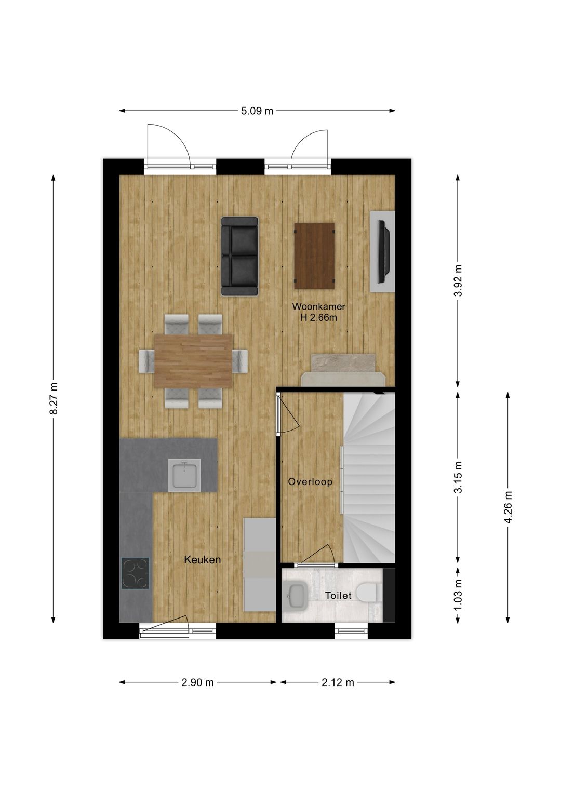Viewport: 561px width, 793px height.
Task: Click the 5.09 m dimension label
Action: click(x=257, y=111)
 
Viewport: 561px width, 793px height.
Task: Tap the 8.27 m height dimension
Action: click(x=54, y=398)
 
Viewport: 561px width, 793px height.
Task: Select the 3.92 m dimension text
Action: click(x=458, y=280)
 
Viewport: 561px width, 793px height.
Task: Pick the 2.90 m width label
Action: click(x=197, y=682)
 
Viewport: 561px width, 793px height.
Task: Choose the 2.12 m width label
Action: click(x=338, y=682)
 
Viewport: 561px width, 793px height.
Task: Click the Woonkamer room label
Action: click(x=318, y=306)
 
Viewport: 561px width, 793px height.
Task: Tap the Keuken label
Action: click(x=203, y=559)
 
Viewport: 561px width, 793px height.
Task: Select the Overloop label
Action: click(x=310, y=481)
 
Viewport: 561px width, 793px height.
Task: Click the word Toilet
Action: click(x=338, y=596)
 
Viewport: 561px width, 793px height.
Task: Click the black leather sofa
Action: click(x=239, y=256)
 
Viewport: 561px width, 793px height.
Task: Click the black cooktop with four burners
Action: click(x=135, y=573)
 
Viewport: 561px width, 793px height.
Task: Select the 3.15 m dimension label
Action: click(x=458, y=477)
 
